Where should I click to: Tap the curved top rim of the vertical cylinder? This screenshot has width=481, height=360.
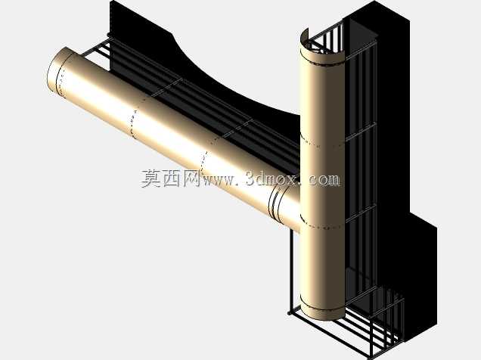pyautogui.click(x=322, y=61)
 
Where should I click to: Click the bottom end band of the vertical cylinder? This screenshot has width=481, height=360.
pyautogui.click(x=322, y=310)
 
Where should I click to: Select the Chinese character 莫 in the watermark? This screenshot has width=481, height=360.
pyautogui.click(x=151, y=178)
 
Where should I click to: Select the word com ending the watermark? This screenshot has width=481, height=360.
pyautogui.click(x=324, y=180)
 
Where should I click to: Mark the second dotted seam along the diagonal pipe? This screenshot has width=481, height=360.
pyautogui.click(x=133, y=122)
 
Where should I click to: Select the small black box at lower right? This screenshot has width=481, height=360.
pyautogui.click(x=423, y=276)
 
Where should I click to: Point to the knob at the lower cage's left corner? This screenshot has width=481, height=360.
pyautogui.click(x=289, y=313)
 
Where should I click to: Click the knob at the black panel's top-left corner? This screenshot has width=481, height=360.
pyautogui.click(x=108, y=33)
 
